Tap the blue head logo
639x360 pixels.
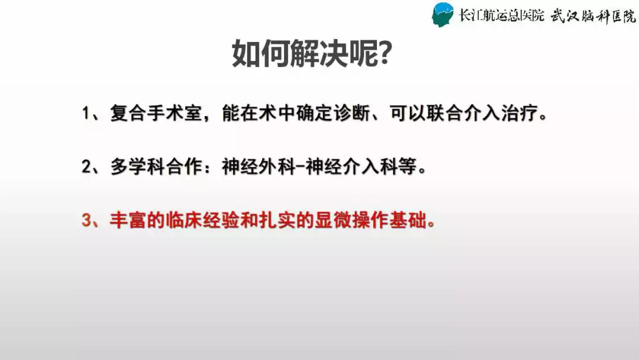443,15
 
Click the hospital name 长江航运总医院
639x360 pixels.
502,15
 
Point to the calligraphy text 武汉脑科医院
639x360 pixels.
593,16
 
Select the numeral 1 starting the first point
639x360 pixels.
86,113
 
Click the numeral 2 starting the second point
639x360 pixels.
87,167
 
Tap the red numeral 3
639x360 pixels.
87,221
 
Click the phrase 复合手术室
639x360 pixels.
156,113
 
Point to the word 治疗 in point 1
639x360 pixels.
519,113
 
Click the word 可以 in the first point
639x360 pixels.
408,113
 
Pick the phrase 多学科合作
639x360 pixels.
156,167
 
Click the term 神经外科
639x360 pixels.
259,167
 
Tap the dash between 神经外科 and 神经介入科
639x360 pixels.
301,167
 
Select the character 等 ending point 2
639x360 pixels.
408,167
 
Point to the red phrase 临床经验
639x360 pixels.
202,220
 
